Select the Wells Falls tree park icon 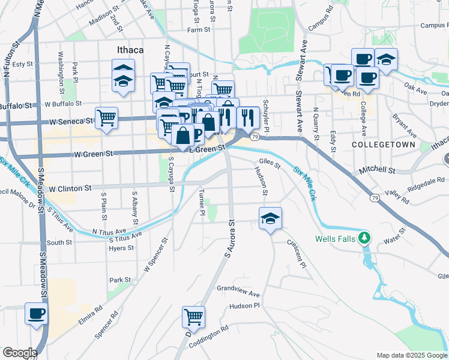364,238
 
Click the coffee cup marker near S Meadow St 36,313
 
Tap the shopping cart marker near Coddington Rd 193,316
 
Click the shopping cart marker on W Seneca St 106,117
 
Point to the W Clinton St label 70,188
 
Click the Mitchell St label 377,171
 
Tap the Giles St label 270,162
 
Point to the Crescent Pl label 297,256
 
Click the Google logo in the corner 20,353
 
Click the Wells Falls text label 337,238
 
